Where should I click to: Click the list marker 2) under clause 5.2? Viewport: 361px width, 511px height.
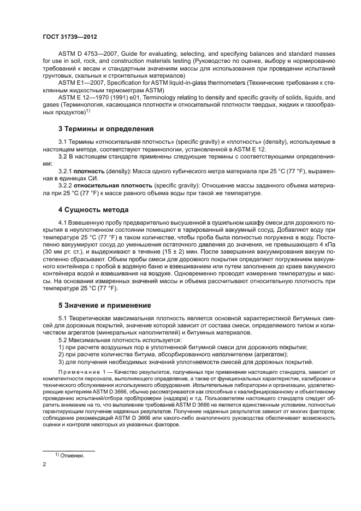coord(61,355)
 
